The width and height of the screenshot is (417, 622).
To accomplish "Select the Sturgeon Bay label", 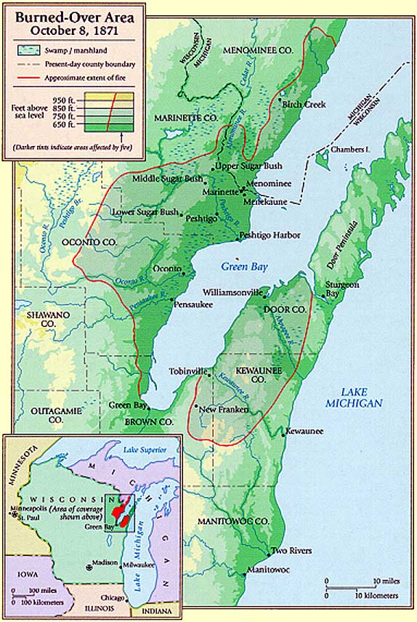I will tap(342, 289).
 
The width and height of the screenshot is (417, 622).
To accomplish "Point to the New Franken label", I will tap(224, 410).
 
